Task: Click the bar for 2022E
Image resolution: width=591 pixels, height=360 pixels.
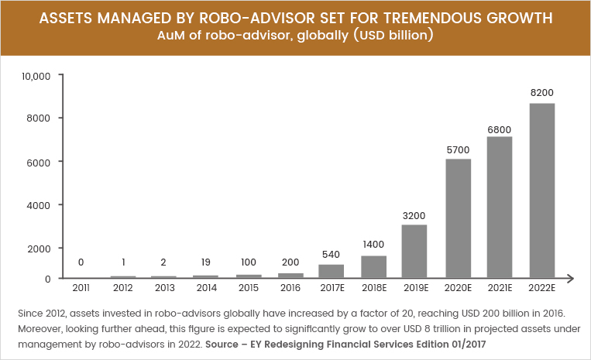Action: (x=542, y=190)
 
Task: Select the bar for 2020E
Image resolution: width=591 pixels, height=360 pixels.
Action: (x=459, y=218)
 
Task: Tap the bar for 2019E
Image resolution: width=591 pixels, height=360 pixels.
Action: (x=415, y=251)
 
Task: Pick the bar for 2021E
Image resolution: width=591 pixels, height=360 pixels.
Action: (x=500, y=207)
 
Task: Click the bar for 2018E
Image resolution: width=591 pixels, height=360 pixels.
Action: (x=373, y=266)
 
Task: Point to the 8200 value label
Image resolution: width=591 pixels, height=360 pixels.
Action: (x=542, y=93)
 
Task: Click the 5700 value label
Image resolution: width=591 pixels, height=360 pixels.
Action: (x=459, y=148)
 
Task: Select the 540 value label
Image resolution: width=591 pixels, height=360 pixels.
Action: (x=332, y=254)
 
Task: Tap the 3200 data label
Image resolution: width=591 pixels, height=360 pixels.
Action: (x=415, y=214)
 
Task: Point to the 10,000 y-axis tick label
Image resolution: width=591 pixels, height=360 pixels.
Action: (x=36, y=76)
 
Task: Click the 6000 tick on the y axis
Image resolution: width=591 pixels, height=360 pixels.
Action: (x=40, y=162)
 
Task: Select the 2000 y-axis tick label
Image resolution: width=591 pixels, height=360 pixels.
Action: (x=40, y=249)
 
